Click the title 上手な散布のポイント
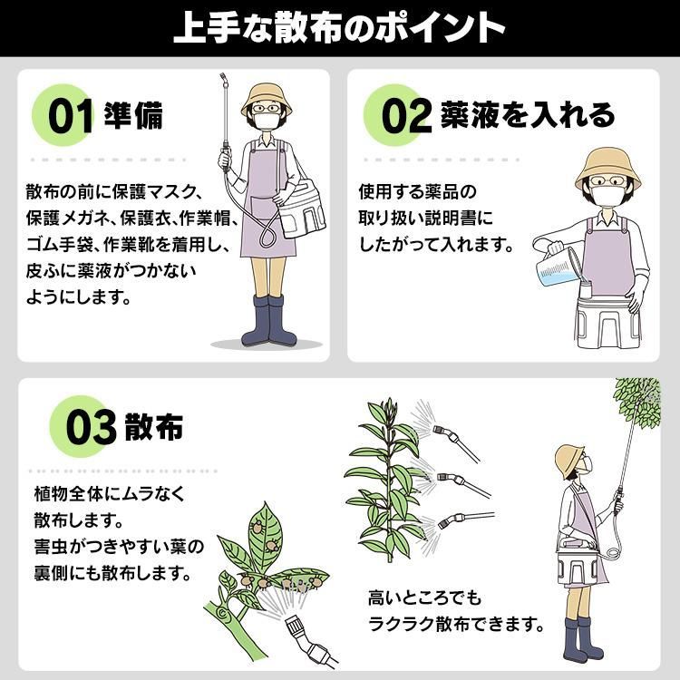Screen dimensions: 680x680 (x=339, y=28)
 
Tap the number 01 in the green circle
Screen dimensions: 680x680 (x=71, y=116)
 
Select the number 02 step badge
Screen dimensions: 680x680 (x=406, y=116)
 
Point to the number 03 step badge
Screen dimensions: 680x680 (x=91, y=428)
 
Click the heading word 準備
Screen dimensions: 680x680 (x=133, y=115)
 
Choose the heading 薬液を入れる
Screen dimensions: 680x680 (x=528, y=115)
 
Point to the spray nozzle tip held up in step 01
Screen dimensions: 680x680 (x=223, y=79)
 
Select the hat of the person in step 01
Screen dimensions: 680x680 (x=267, y=99)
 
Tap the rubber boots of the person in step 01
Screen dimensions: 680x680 (x=269, y=320)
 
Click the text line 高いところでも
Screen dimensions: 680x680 (x=425, y=598)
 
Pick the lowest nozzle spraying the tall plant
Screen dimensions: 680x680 (x=465, y=519)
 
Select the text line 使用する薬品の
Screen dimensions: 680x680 (x=417, y=191)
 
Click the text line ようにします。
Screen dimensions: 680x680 (x=78, y=297)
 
